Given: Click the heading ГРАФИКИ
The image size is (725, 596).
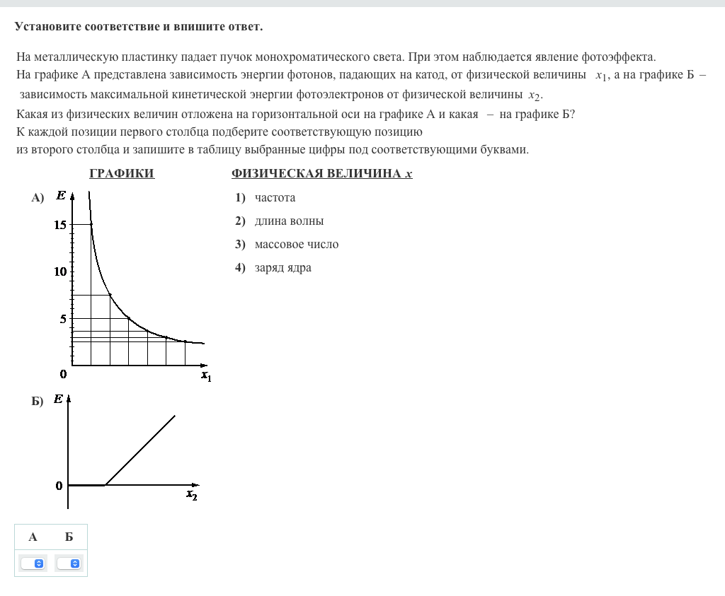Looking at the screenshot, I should point(122,174).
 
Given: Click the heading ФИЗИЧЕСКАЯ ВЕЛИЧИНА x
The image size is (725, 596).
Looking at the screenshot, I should point(321,174).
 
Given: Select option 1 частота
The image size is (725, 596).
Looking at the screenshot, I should point(275,198).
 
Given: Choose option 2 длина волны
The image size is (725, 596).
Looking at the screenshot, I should point(289,221).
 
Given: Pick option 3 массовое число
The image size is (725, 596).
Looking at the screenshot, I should point(296,245).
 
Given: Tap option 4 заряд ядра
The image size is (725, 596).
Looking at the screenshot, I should point(282,268).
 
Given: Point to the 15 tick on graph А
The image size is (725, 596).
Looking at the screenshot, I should point(59,225).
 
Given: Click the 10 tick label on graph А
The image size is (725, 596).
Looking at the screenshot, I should point(59,271).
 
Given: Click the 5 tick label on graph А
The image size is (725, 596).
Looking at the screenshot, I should point(62,319).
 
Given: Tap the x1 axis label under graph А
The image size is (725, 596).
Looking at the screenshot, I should point(206,376).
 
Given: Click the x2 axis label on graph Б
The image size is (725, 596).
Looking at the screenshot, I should point(192,495).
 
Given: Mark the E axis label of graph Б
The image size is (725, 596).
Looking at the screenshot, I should point(58,399).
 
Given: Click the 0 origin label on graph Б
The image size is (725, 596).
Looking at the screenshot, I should point(59,486).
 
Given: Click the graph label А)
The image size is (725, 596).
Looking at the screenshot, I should point(38,198).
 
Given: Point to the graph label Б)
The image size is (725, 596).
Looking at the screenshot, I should point(38,402).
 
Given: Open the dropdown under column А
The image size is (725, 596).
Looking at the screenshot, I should point(33,563).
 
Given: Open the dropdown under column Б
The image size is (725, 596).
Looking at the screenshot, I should point(69,563).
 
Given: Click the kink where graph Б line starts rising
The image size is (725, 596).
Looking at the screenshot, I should point(105,485).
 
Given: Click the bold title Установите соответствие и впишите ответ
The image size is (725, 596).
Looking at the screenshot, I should point(139,27).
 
